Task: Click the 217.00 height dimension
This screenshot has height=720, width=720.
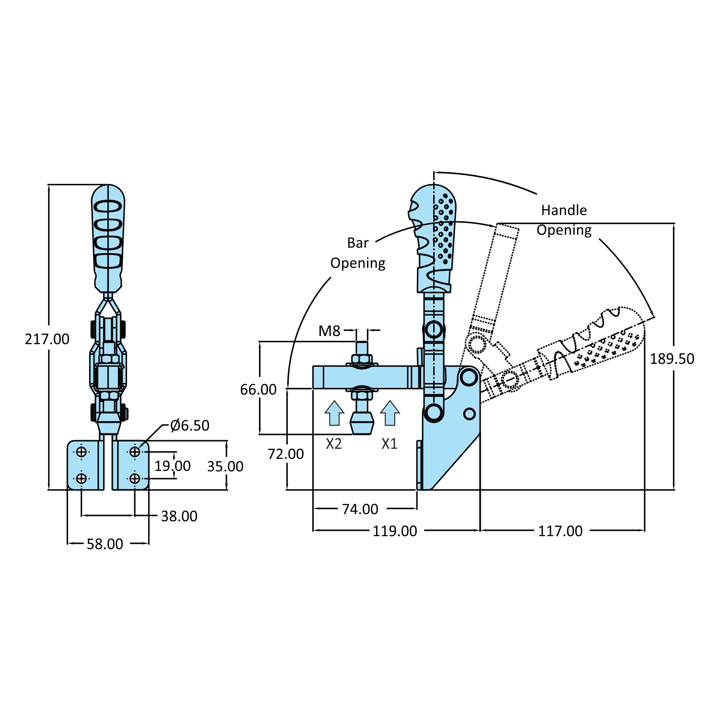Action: pyautogui.click(x=47, y=339)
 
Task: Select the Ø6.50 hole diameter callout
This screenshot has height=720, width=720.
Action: pyautogui.click(x=190, y=426)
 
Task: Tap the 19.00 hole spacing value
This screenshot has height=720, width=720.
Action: pyautogui.click(x=172, y=466)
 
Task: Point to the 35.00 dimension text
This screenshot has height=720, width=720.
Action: pyautogui.click(x=225, y=467)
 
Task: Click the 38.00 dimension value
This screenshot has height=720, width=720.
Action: pyautogui.click(x=179, y=516)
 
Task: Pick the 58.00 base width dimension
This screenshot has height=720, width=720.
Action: pyautogui.click(x=105, y=544)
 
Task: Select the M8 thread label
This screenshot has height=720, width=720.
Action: pyautogui.click(x=329, y=331)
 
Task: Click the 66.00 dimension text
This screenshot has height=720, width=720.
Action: pyautogui.click(x=258, y=390)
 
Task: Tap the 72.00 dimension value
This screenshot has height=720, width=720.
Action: pyautogui.click(x=285, y=454)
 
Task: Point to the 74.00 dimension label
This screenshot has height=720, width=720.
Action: pyautogui.click(x=360, y=509)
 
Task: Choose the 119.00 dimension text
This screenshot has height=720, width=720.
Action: pyautogui.click(x=395, y=531)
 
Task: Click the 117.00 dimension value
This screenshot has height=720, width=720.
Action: pyautogui.click(x=560, y=531)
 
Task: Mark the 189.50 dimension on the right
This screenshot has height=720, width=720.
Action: pyautogui.click(x=672, y=359)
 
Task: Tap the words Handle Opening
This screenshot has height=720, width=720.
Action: pyautogui.click(x=564, y=220)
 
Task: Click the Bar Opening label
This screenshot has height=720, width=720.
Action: pyautogui.click(x=358, y=253)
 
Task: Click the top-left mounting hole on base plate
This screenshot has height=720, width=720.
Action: pyautogui.click(x=82, y=452)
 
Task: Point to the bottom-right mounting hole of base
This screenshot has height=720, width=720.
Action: pyautogui.click(x=135, y=479)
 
